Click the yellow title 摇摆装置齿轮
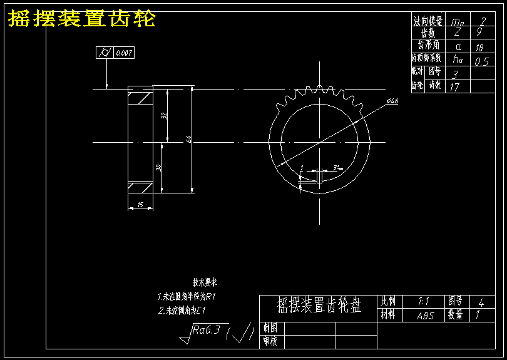click(x=81, y=19)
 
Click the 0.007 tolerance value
click(x=124, y=54)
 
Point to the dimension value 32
click(x=163, y=116)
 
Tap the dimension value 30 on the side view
click(x=158, y=168)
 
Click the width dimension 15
click(x=140, y=205)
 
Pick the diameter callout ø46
click(x=393, y=101)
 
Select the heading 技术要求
click(x=205, y=282)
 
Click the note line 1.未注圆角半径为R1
click(x=187, y=296)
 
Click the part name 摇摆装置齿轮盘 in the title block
click(x=319, y=306)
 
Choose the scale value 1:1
click(x=424, y=301)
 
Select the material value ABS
click(x=425, y=316)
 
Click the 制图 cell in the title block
click(x=270, y=327)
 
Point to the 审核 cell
click(x=270, y=341)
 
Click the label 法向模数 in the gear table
click(x=428, y=21)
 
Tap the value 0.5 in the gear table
click(x=481, y=61)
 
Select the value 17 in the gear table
click(x=454, y=87)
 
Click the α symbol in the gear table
click(x=458, y=47)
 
